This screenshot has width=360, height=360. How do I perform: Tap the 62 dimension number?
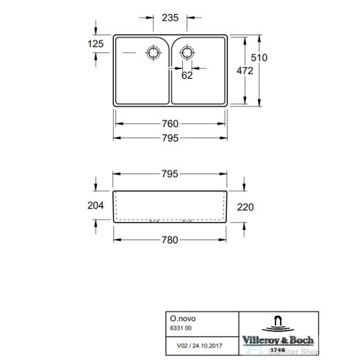pos(187,74)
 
